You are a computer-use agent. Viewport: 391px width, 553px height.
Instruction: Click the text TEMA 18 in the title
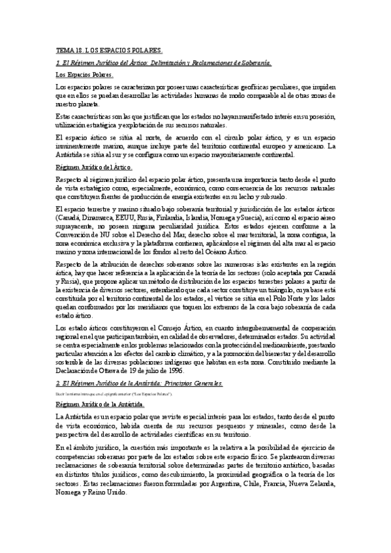(x=67, y=50)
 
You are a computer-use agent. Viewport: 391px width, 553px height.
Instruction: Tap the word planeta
(x=89, y=103)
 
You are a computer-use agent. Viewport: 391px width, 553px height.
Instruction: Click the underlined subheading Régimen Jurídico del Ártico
(x=94, y=168)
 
